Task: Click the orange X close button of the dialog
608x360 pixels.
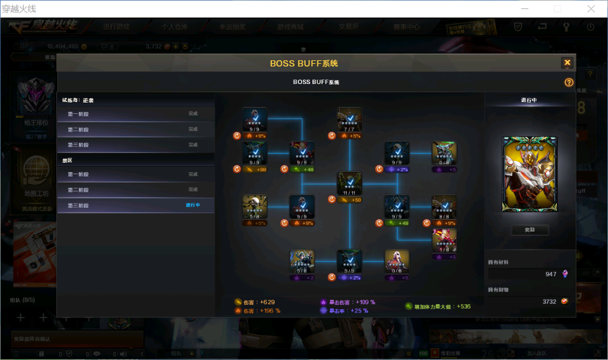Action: pyautogui.click(x=567, y=63)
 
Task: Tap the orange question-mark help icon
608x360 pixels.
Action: pyautogui.click(x=569, y=82)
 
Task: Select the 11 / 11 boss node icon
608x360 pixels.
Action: pyautogui.click(x=350, y=184)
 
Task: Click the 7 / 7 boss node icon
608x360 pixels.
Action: pyautogui.click(x=350, y=119)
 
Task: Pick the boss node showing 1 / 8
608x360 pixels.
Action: pyautogui.click(x=444, y=241)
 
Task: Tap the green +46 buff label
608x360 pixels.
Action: pyautogui.click(x=306, y=169)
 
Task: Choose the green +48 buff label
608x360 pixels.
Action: pyautogui.click(x=400, y=223)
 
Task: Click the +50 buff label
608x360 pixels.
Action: pyautogui.click(x=353, y=199)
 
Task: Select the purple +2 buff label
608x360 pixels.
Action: pyautogui.click(x=306, y=277)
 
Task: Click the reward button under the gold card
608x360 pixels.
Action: pyautogui.click(x=529, y=230)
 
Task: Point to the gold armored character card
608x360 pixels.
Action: pyautogui.click(x=529, y=174)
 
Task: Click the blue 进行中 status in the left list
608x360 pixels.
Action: pyautogui.click(x=193, y=205)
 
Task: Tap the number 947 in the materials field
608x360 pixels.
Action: pyautogui.click(x=550, y=274)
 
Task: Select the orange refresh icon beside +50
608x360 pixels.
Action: pyautogui.click(x=332, y=199)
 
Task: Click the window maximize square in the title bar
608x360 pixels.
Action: pyautogui.click(x=557, y=8)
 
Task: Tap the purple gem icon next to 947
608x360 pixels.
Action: pyautogui.click(x=565, y=274)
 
